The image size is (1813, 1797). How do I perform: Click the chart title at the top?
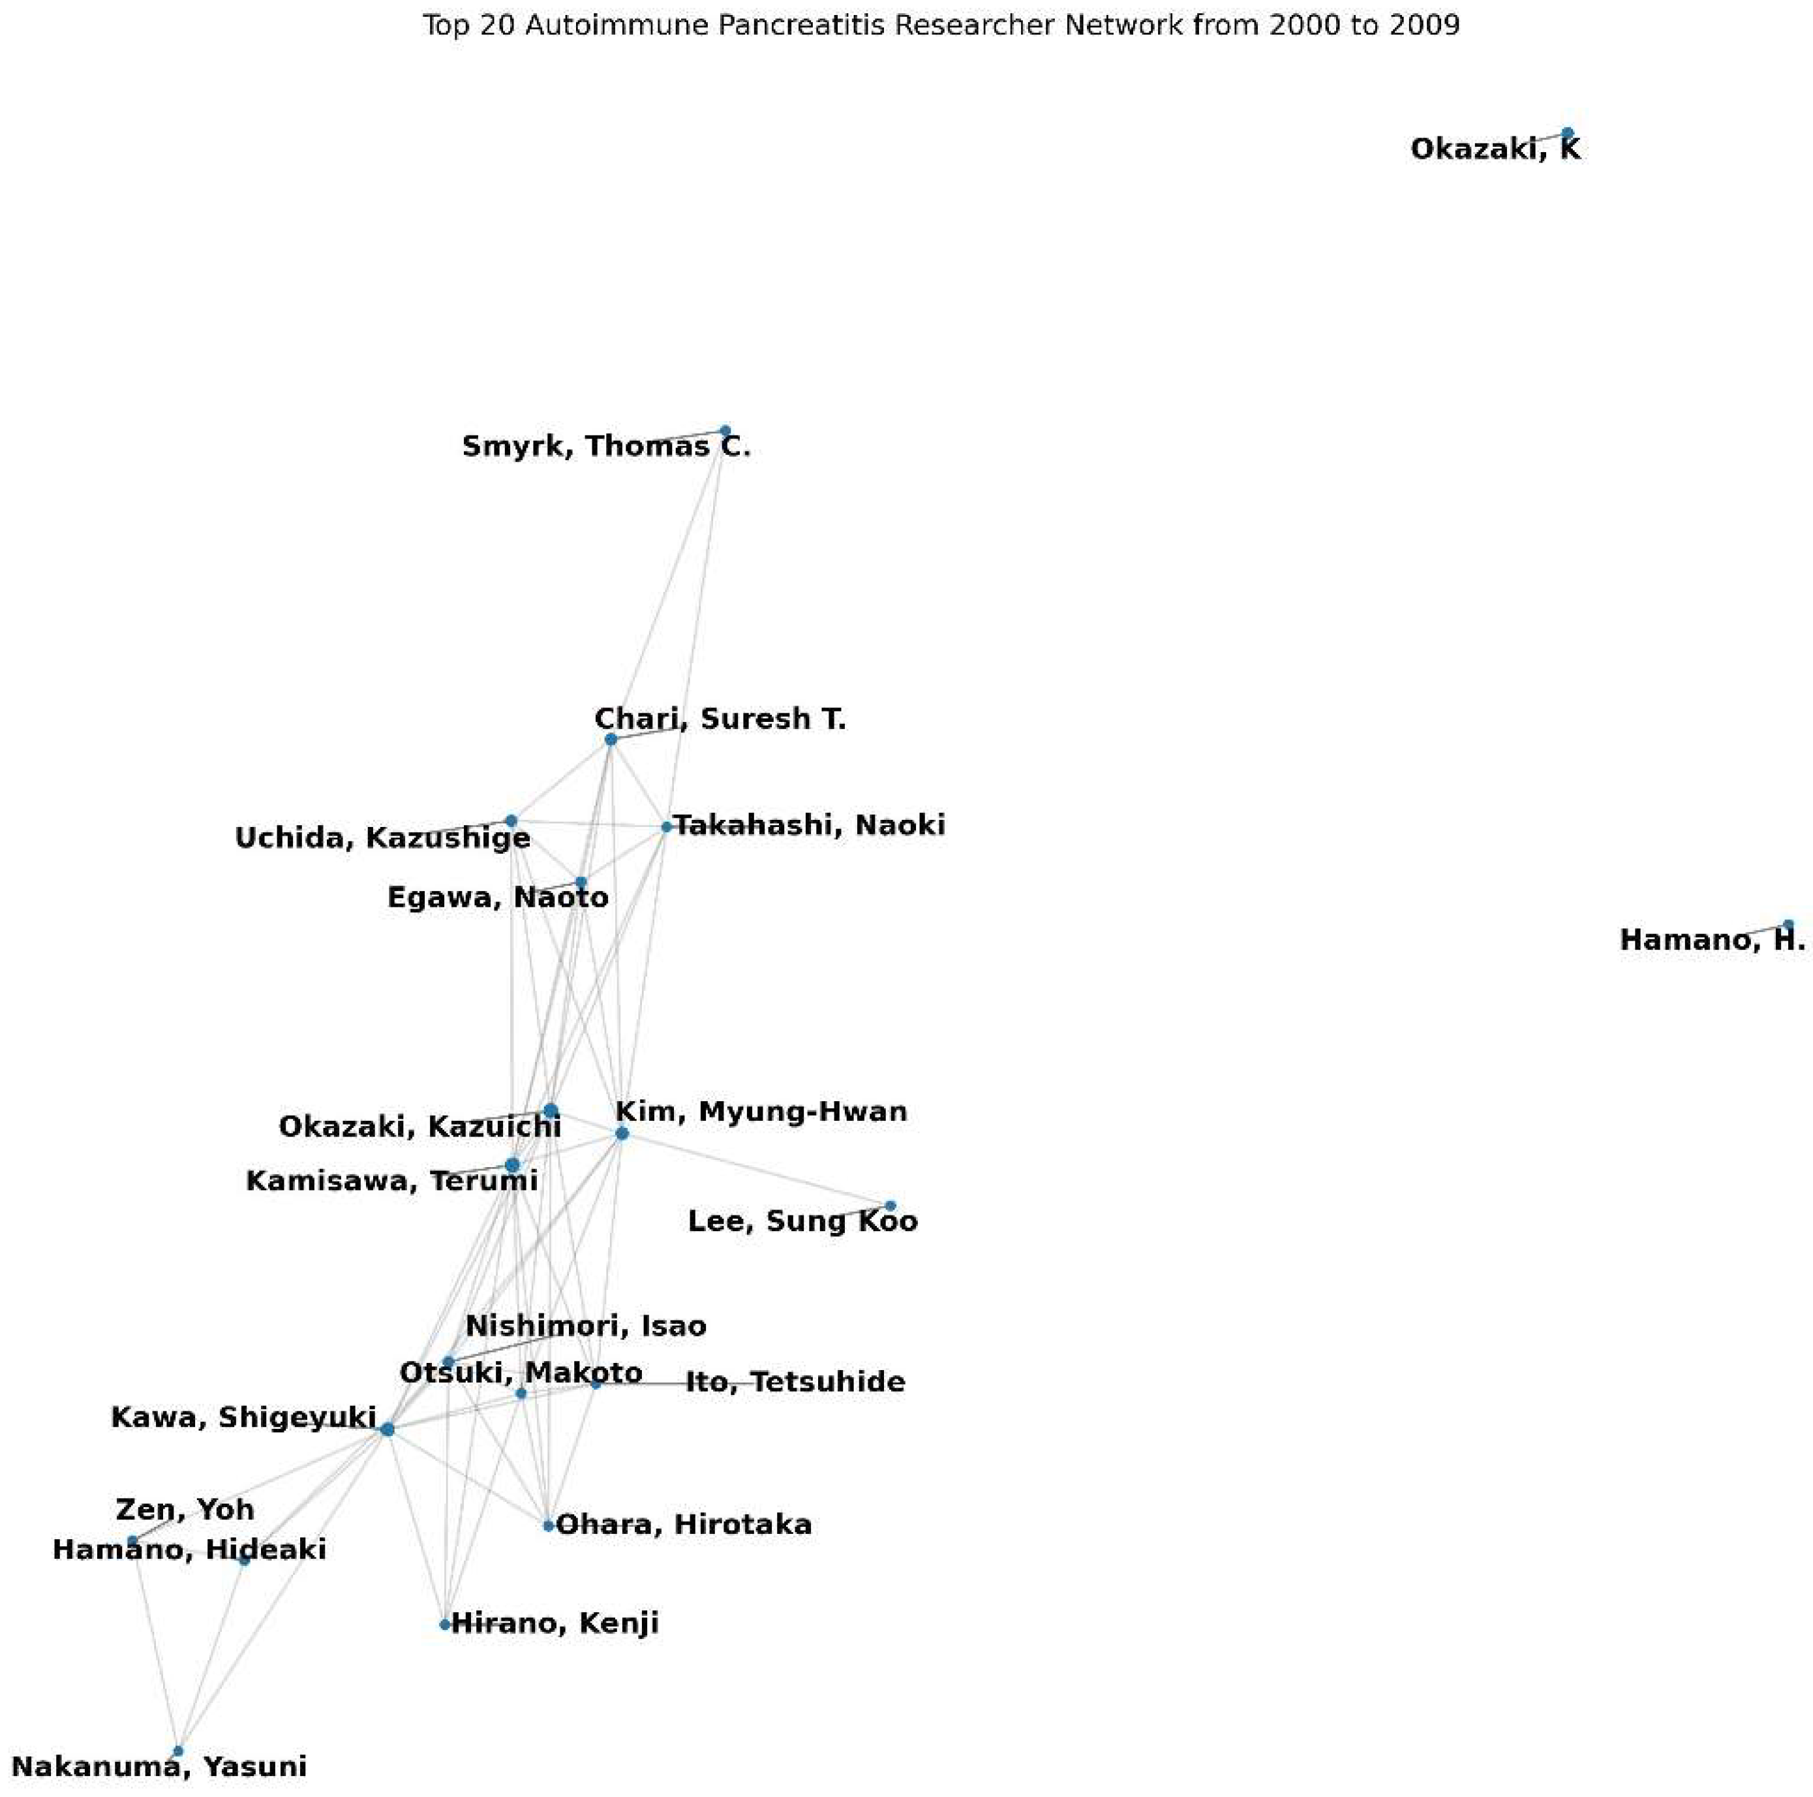pyautogui.click(x=940, y=25)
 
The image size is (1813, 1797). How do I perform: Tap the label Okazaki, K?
pyautogui.click(x=1495, y=149)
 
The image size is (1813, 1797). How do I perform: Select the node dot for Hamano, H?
pyautogui.click(x=1788, y=925)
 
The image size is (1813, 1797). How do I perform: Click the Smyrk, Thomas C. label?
pyautogui.click(x=606, y=447)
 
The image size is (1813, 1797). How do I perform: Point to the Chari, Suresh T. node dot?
pyautogui.click(x=611, y=740)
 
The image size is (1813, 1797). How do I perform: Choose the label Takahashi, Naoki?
pyautogui.click(x=810, y=825)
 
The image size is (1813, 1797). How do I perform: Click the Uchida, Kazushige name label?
pyautogui.click(x=382, y=837)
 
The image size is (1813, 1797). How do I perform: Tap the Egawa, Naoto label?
pyautogui.click(x=497, y=898)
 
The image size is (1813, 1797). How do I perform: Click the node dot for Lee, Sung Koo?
pyautogui.click(x=891, y=1206)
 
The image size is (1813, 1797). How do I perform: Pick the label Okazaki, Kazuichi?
pyautogui.click(x=419, y=1127)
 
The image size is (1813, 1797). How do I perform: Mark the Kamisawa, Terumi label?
pyautogui.click(x=391, y=1181)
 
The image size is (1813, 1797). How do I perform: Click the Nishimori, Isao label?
pyautogui.click(x=586, y=1326)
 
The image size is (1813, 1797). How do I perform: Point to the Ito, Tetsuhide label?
pyautogui.click(x=795, y=1382)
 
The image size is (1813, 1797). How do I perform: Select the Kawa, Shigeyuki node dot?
pyautogui.click(x=388, y=1430)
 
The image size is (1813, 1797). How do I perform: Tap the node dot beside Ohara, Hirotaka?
pyautogui.click(x=548, y=1525)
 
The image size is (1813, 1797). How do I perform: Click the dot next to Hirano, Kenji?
pyautogui.click(x=445, y=1624)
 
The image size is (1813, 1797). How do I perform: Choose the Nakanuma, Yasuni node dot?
pyautogui.click(x=178, y=1751)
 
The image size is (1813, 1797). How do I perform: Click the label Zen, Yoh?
pyautogui.click(x=185, y=1510)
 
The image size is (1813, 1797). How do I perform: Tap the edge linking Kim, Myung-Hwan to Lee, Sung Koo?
pyautogui.click(x=755, y=1170)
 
